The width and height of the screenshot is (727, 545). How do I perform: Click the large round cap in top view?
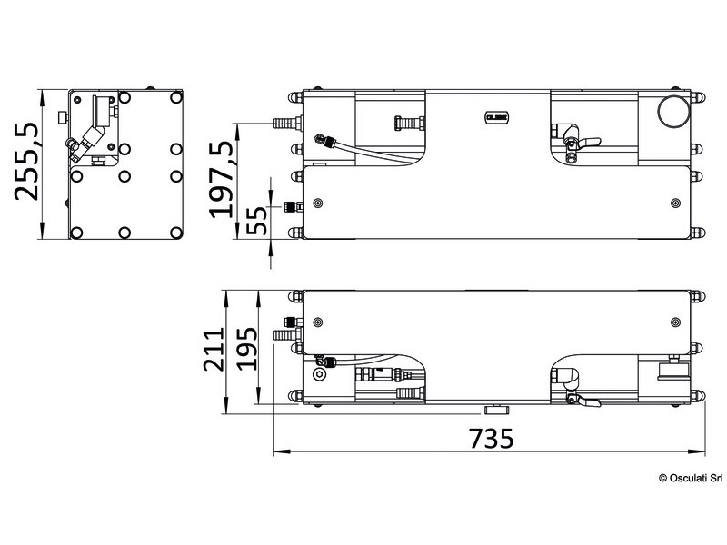coord(672,114)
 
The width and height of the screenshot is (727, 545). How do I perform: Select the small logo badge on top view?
coord(496,114)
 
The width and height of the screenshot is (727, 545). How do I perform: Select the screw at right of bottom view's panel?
coord(672,322)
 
